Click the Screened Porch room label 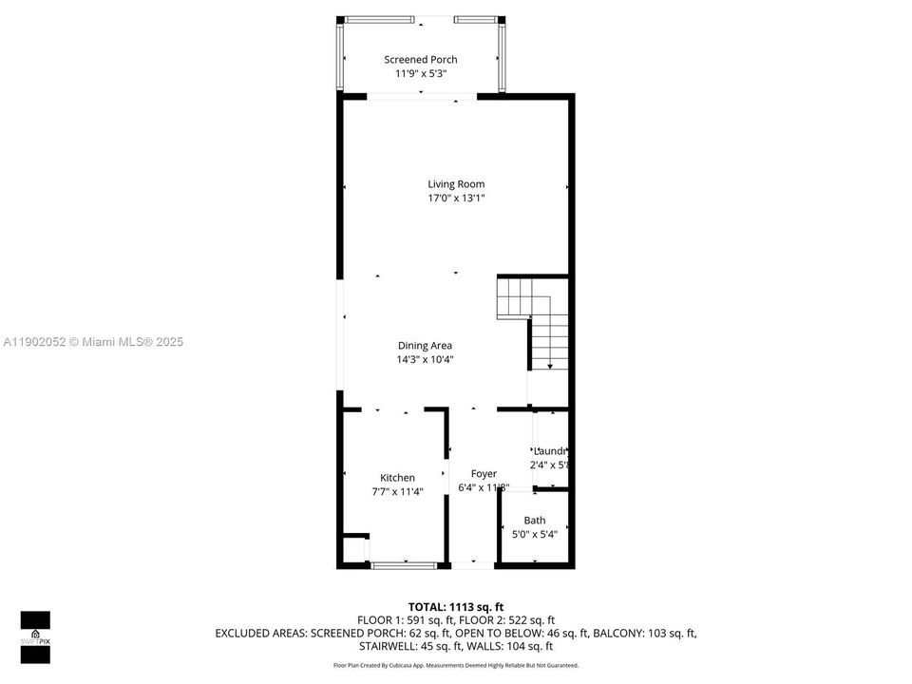click(x=420, y=60)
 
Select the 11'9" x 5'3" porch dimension click(x=420, y=73)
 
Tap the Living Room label click(x=455, y=184)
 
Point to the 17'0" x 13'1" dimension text click(x=455, y=199)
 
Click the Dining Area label click(x=425, y=346)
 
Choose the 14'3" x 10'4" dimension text click(x=425, y=360)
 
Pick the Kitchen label click(x=397, y=478)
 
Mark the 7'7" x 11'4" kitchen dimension click(x=397, y=492)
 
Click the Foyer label click(x=484, y=473)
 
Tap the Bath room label click(x=535, y=521)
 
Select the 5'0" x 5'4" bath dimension click(x=535, y=534)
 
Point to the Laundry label click(x=550, y=451)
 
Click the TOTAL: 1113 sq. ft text click(x=455, y=606)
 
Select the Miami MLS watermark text click(x=93, y=342)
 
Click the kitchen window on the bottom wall click(x=404, y=566)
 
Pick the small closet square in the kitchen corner click(x=352, y=548)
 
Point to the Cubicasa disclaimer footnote click(x=455, y=665)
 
